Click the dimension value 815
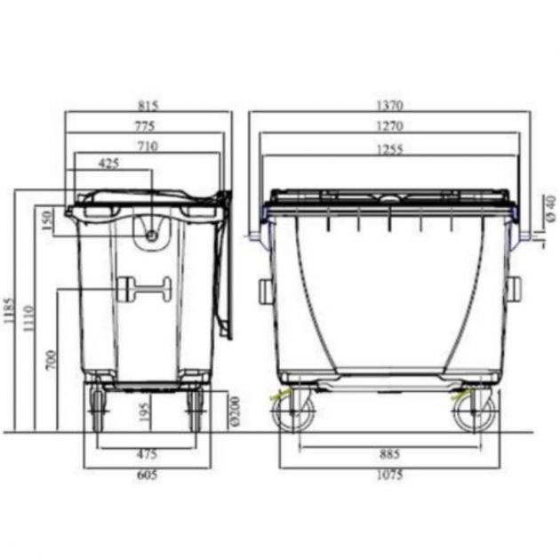[148, 105]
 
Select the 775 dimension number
[144, 126]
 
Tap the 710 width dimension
[148, 147]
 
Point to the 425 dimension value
[110, 164]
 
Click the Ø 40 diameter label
[550, 206]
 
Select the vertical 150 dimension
[47, 220]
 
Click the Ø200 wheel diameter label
[234, 410]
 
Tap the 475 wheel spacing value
[147, 455]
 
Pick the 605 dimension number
[147, 476]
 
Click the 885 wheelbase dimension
[388, 455]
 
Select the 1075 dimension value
[388, 476]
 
